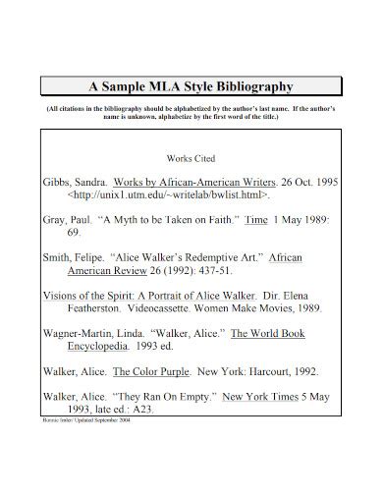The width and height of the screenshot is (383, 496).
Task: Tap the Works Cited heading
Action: click(191, 158)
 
